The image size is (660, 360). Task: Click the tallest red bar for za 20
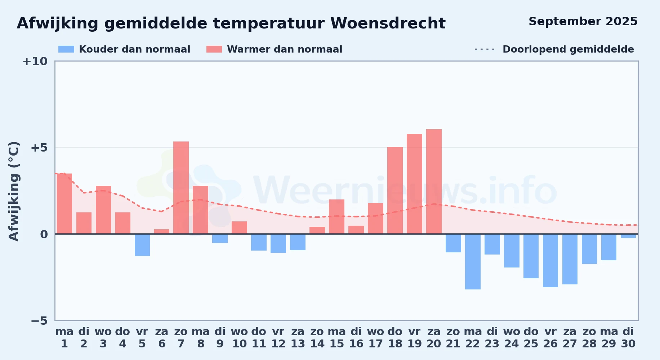[434, 181]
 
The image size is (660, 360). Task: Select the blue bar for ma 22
[473, 262]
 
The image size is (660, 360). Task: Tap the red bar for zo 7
[181, 188]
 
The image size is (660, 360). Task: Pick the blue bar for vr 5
[142, 245]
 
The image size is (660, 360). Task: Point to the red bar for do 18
[395, 190]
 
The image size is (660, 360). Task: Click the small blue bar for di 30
[628, 236]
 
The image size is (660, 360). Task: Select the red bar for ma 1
[64, 204]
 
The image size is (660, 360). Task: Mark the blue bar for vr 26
[550, 261]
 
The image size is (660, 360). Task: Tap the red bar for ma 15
[336, 217]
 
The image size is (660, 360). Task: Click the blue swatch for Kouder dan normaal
[66, 49]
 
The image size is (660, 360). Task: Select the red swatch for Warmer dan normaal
[214, 49]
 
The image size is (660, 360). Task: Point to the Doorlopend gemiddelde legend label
[568, 49]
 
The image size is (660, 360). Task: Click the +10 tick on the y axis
[35, 61]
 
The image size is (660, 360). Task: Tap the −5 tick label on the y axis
[39, 320]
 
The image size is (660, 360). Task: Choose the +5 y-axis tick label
[39, 148]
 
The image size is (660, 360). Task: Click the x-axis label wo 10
[240, 338]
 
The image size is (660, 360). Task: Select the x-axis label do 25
[531, 338]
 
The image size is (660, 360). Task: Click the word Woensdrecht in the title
[388, 23]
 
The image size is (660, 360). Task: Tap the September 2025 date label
[583, 22]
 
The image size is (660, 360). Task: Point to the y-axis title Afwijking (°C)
[14, 191]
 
